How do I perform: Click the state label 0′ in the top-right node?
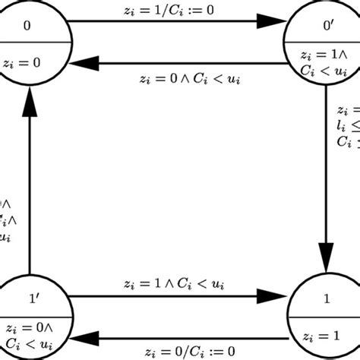pos(327,26)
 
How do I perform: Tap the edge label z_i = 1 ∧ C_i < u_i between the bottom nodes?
pos(177,283)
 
